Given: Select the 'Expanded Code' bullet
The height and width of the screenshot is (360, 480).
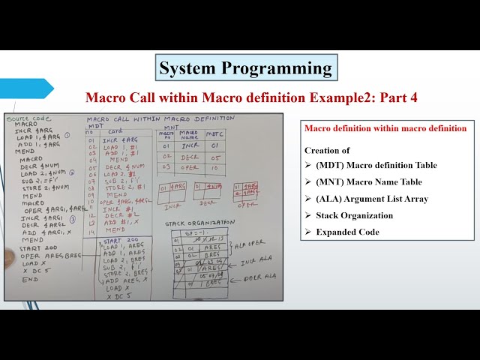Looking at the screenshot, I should [347, 232].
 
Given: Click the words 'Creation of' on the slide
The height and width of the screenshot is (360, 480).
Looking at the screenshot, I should [327, 150].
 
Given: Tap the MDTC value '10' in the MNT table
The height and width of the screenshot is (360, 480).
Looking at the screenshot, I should [214, 167].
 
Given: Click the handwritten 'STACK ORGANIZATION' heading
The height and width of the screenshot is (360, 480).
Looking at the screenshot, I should [196, 223].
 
